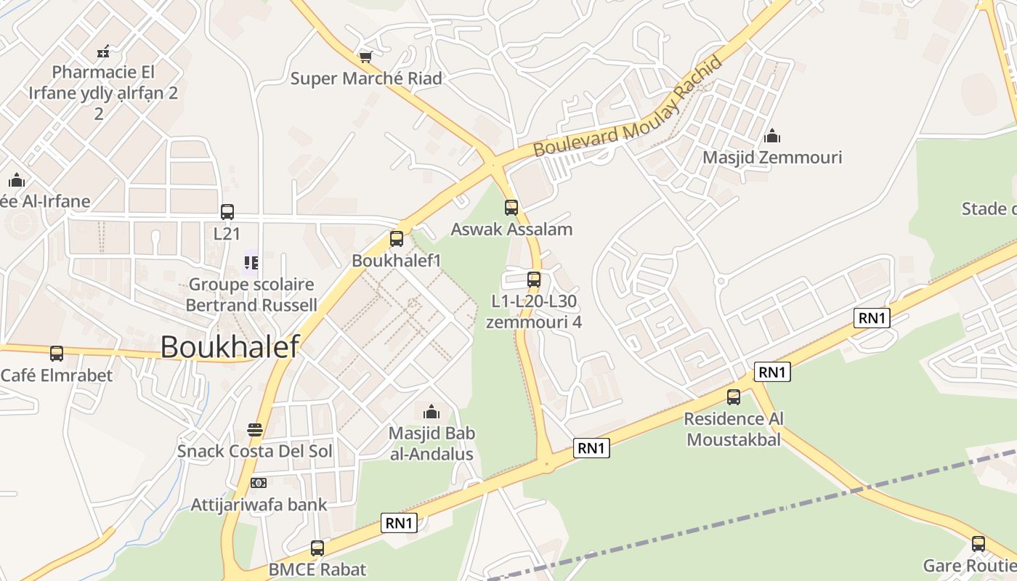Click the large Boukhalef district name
pyautogui.click(x=230, y=347)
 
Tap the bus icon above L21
pyautogui.click(x=227, y=211)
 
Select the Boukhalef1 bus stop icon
pyautogui.click(x=397, y=238)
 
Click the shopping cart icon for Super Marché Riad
pyautogui.click(x=365, y=56)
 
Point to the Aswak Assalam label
pyautogui.click(x=511, y=229)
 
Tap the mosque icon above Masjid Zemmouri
pyautogui.click(x=772, y=136)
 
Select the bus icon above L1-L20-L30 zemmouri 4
pyautogui.click(x=534, y=279)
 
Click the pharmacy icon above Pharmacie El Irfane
pyautogui.click(x=103, y=51)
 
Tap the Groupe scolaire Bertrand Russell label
pyautogui.click(x=251, y=294)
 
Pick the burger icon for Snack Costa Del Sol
pyautogui.click(x=254, y=430)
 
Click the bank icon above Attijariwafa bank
pyautogui.click(x=259, y=483)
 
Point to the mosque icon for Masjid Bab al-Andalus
pyautogui.click(x=431, y=413)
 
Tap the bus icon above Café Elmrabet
pyautogui.click(x=57, y=354)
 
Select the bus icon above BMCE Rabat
pyautogui.click(x=317, y=548)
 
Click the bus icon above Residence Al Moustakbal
pyautogui.click(x=734, y=397)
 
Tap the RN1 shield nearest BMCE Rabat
pyautogui.click(x=400, y=522)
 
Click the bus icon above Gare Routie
pyautogui.click(x=978, y=543)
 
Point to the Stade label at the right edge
pyautogui.click(x=988, y=209)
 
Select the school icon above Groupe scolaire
pyautogui.click(x=251, y=262)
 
